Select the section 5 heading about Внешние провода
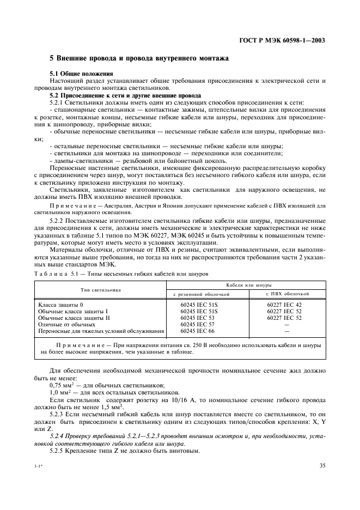139,58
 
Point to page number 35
322,465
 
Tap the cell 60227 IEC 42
284,304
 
